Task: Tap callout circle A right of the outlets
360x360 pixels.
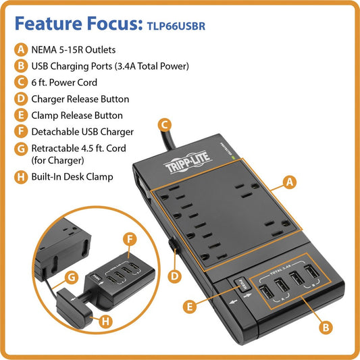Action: (289, 182)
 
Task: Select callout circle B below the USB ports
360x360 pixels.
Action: (326, 327)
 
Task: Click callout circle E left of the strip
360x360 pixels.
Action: (191, 307)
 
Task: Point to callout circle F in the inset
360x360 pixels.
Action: (131, 238)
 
